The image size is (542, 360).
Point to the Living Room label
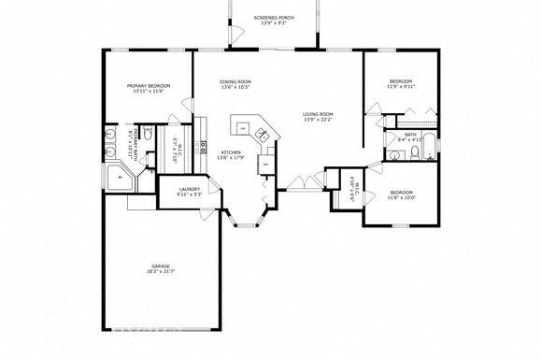click(318, 115)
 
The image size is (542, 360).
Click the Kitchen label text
click(231, 153)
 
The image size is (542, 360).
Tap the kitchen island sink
click(264, 137)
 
